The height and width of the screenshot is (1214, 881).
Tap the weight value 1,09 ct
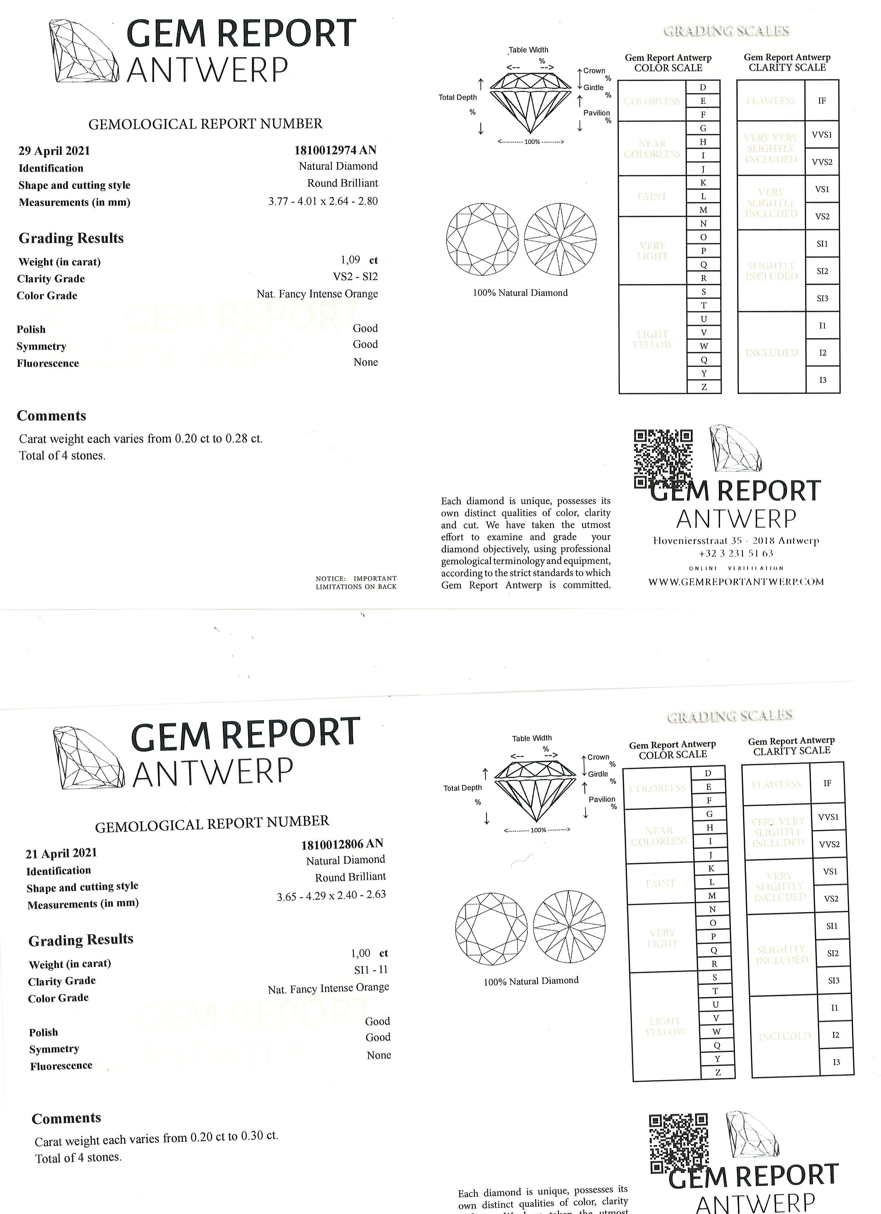[359, 260]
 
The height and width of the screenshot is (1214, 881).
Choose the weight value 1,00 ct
[369, 953]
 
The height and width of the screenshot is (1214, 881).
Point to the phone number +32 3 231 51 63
[736, 554]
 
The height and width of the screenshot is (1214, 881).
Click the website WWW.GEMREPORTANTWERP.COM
[736, 582]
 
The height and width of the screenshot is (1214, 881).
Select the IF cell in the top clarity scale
[822, 100]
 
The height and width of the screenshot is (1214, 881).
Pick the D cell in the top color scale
[703, 87]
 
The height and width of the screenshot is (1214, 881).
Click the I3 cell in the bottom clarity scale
[836, 1062]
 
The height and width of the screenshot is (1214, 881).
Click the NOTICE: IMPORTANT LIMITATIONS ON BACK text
[356, 582]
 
